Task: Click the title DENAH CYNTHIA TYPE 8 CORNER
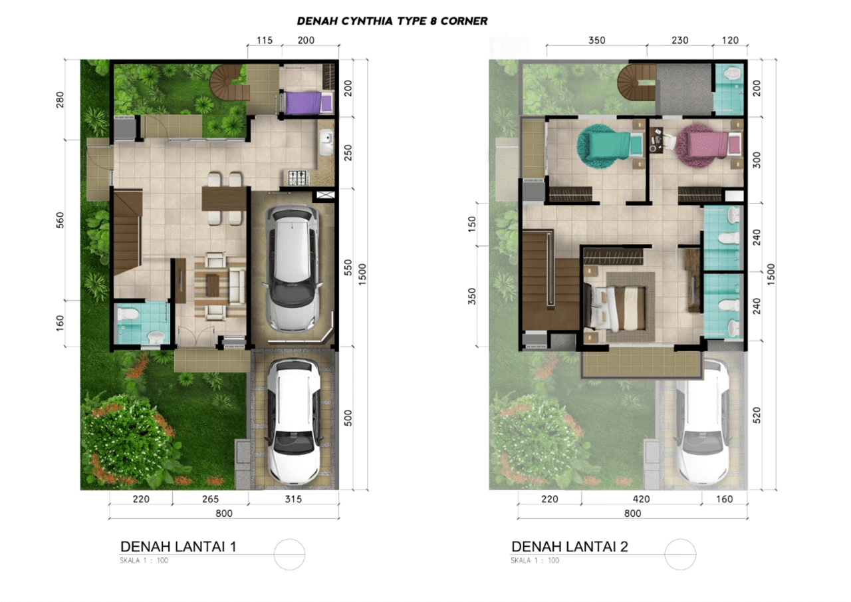[x=392, y=21]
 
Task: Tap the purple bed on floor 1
[x=307, y=102]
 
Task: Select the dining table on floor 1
[x=224, y=198]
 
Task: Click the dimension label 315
[x=293, y=499]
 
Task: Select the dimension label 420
[x=642, y=499]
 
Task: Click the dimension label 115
[x=265, y=41]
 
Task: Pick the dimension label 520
[x=757, y=415]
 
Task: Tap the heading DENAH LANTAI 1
[x=178, y=547]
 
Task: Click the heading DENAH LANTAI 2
[x=570, y=547]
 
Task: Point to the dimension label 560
[x=60, y=220]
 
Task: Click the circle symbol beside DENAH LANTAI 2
[x=680, y=539]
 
